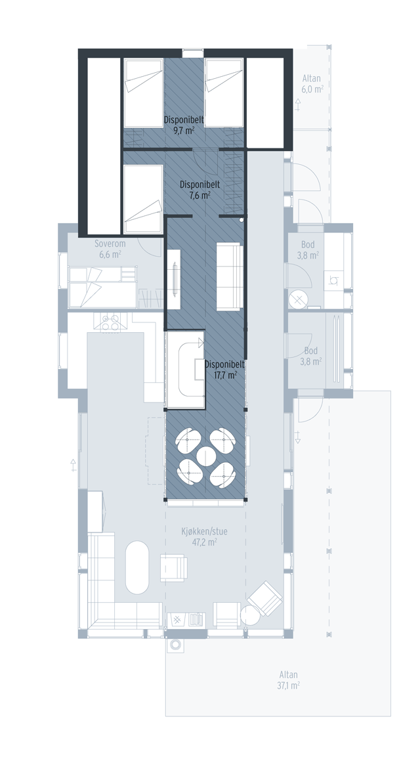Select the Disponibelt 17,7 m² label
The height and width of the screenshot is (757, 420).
(x=224, y=370)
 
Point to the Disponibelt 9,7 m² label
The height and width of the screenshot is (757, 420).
(x=184, y=125)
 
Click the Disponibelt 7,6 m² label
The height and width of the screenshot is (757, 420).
(x=200, y=190)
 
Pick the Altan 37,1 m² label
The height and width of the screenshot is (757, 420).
(x=289, y=680)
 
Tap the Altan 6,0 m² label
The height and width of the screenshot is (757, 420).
(x=312, y=83)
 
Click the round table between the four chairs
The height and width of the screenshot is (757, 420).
(x=205, y=455)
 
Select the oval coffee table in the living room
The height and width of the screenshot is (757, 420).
(x=137, y=567)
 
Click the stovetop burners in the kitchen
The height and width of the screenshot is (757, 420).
(x=110, y=322)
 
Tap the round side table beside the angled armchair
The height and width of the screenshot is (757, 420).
(x=250, y=615)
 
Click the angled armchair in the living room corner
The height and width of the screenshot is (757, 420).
(x=264, y=598)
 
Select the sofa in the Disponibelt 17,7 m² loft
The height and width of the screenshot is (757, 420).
(x=229, y=276)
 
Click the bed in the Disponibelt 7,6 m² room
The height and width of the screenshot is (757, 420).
(x=143, y=199)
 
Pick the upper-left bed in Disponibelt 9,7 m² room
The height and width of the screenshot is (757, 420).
(x=143, y=93)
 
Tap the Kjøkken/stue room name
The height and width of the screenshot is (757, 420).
(x=204, y=531)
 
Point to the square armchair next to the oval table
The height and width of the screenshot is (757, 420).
(x=173, y=568)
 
